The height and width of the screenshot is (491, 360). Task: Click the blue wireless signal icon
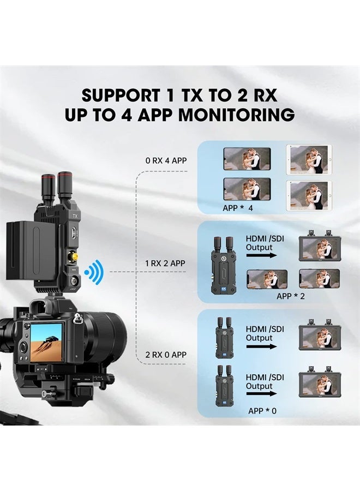[94, 272]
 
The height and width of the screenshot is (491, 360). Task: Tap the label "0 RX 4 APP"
[166, 160]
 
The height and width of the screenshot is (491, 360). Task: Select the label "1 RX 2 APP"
[165, 264]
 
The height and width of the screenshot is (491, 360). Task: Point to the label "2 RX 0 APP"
[166, 355]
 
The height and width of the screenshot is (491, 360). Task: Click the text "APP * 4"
[238, 208]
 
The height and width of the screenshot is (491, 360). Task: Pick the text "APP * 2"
[291, 296]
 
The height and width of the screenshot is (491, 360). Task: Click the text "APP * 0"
[262, 411]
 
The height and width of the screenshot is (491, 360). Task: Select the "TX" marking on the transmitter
[75, 215]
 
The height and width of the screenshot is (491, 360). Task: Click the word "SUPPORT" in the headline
[121, 95]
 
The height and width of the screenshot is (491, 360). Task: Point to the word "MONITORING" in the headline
[237, 115]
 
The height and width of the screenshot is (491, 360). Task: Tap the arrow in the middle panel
[261, 255]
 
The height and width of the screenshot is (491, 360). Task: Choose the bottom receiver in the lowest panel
[224, 386]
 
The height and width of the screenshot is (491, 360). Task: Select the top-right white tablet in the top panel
[309, 160]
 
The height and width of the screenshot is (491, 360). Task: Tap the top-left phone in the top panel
[247, 159]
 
